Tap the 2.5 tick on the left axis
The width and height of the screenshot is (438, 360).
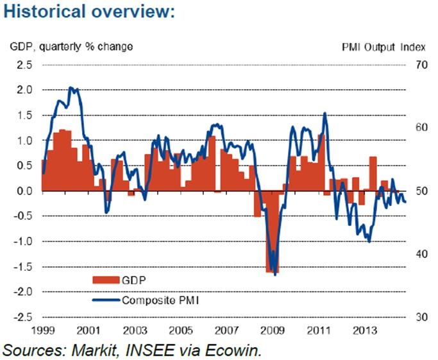pos(24,65)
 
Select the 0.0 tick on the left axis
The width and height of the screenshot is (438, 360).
pos(24,191)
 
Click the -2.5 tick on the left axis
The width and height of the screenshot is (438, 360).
pos(22,317)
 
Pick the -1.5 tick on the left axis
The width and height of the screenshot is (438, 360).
pos(22,267)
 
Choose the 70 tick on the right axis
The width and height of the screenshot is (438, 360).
pos(421,65)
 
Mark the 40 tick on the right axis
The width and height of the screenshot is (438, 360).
pos(421,254)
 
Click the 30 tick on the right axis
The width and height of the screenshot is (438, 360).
pos(421,317)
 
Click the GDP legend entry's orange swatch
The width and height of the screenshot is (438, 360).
pos(105,279)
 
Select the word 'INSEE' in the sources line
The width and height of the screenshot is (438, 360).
pos(147,350)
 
